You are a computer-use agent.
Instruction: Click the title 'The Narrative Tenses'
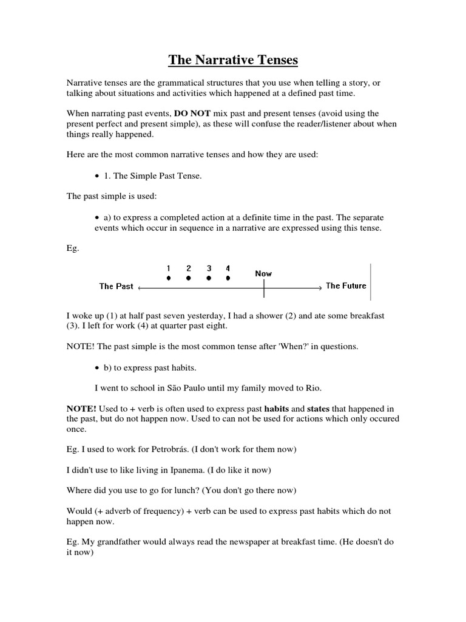[x=233, y=60]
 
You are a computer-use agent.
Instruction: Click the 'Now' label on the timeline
[x=263, y=273]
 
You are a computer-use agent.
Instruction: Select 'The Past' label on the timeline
[x=116, y=286]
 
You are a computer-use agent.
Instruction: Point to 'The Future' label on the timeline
[x=346, y=285]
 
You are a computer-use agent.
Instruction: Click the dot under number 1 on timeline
[x=169, y=278]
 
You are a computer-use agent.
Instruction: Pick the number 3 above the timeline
[x=209, y=268]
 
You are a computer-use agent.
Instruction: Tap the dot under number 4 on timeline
[x=228, y=278]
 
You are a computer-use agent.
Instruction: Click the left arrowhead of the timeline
[x=141, y=287]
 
